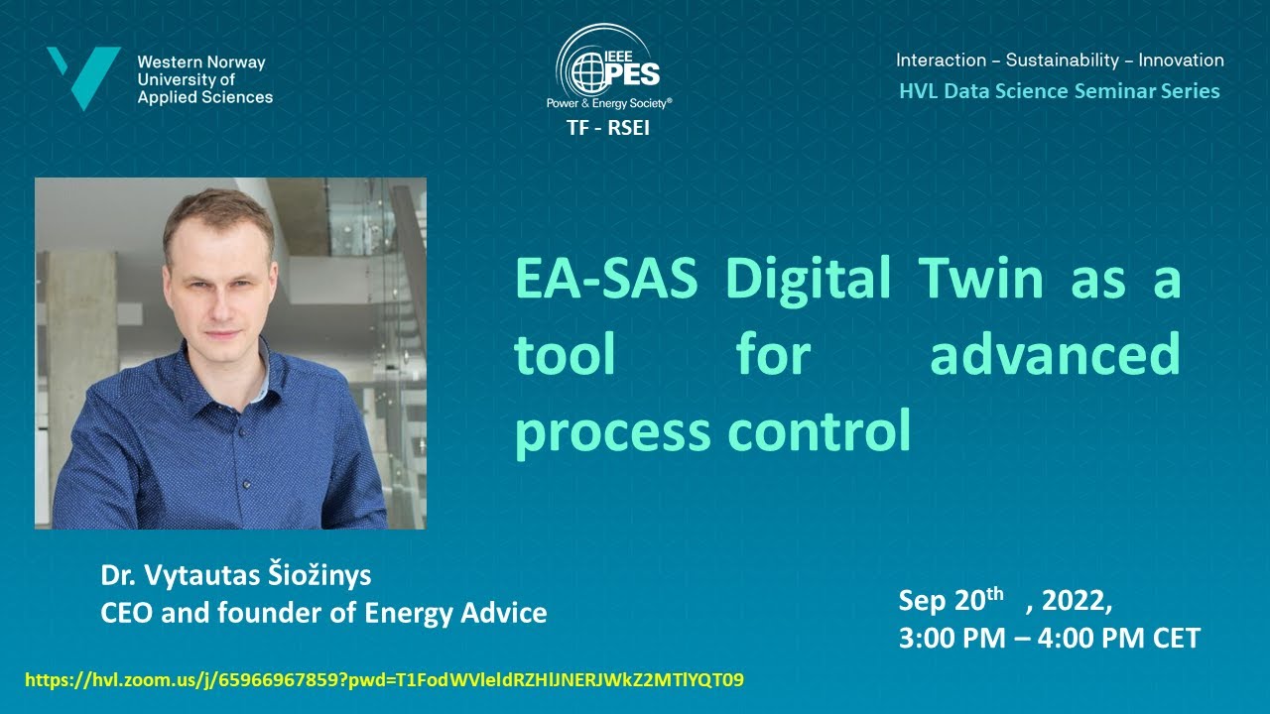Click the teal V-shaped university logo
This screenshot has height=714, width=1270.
click(x=84, y=75)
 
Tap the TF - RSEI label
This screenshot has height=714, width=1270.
click(x=608, y=127)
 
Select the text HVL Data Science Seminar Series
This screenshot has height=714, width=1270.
click(x=1059, y=91)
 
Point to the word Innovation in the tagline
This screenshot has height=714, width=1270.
click(x=1181, y=59)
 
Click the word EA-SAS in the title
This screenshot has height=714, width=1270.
click(x=606, y=280)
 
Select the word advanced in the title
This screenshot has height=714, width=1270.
click(x=1055, y=355)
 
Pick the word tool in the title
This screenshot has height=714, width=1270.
click(x=565, y=355)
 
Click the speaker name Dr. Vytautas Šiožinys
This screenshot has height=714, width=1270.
click(x=235, y=575)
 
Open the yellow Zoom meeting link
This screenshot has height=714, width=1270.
click(x=384, y=680)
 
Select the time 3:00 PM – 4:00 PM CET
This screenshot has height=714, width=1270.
click(x=1049, y=638)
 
